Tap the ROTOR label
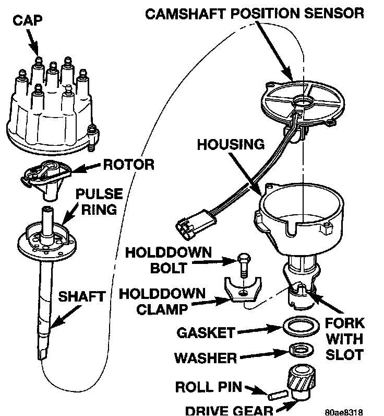coord(129,165)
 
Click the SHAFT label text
coord(81,297)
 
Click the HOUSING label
coord(232,144)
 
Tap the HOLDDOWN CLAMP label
coord(163,302)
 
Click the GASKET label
coord(206,332)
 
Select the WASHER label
coord(206,359)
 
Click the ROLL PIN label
coord(208,387)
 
